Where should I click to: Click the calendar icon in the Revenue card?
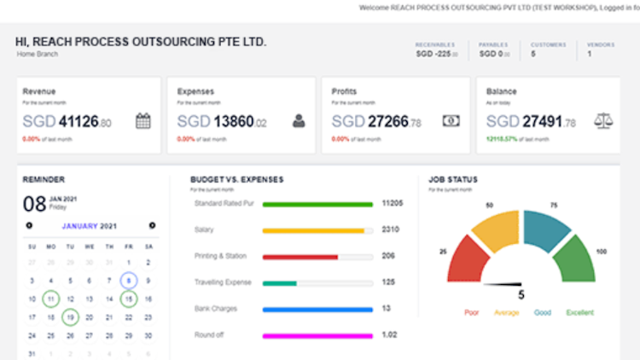tap(143, 121)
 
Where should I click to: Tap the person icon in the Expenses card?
tap(299, 121)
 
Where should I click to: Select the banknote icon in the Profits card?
tap(451, 121)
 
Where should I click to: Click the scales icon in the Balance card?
tap(602, 121)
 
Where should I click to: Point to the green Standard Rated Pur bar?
tap(317, 205)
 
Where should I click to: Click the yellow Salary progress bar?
tap(313, 230)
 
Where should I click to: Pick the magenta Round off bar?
tap(317, 336)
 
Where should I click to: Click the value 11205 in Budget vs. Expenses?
tap(393, 204)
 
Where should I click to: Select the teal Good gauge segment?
tap(547, 229)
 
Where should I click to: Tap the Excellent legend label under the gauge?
tap(581, 312)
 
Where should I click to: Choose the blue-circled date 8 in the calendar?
tap(128, 280)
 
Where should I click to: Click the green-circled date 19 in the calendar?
tap(70, 318)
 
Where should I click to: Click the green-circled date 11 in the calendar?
tap(51, 299)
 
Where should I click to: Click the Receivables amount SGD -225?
tap(437, 54)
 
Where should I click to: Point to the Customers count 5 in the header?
tap(533, 54)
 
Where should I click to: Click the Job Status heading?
tap(453, 180)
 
